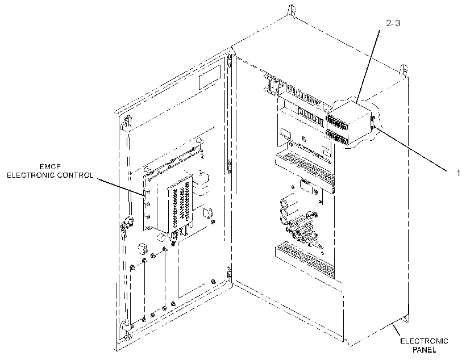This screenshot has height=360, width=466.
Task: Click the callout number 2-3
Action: coord(393,23)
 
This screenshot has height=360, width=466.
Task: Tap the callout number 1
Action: coord(458,173)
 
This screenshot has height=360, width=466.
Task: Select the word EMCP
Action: coord(50,166)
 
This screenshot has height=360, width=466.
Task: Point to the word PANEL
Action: coord(424,350)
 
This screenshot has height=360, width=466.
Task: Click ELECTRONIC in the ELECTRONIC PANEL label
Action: coord(424,341)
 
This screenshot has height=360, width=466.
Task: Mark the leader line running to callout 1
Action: coord(411,149)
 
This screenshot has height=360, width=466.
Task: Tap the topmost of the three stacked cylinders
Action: coord(285,203)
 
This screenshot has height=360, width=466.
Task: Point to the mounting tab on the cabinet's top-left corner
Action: coord(293,11)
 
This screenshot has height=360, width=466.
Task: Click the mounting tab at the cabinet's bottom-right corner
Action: coord(405,320)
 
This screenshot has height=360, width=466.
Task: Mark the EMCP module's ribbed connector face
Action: coord(180,208)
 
